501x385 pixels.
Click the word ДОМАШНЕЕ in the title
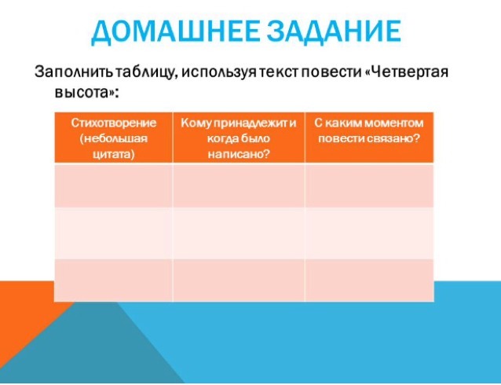click(175, 31)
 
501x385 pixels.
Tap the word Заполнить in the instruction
click(74, 71)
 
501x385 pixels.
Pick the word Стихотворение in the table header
click(114, 123)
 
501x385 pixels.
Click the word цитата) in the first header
click(114, 155)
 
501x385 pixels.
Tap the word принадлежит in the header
click(251, 123)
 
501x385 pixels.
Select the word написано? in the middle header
click(239, 155)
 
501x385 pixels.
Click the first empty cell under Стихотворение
click(114, 185)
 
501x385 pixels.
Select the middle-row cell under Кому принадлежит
click(239, 233)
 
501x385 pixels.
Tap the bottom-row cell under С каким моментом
click(369, 280)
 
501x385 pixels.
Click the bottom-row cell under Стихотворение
click(114, 280)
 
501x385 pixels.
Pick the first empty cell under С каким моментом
click(369, 185)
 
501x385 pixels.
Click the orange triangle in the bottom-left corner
click(19, 313)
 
